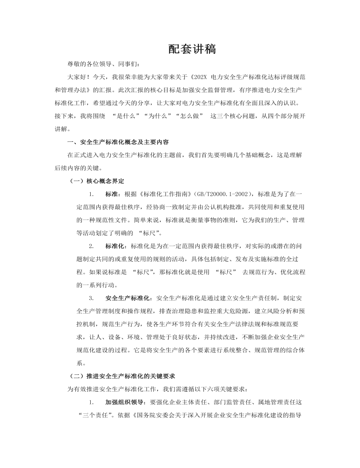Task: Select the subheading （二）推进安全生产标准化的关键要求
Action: point(122,376)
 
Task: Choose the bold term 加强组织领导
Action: point(125,402)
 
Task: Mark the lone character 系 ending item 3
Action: point(79,363)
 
